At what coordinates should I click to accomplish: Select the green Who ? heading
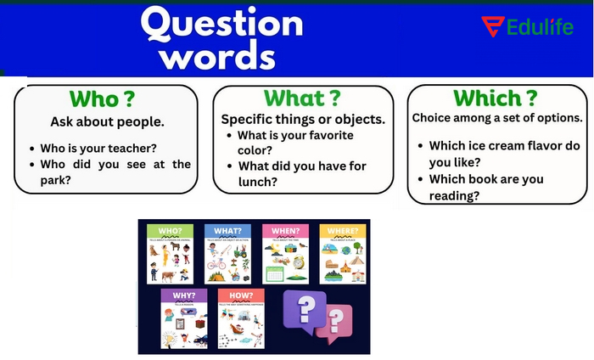101,98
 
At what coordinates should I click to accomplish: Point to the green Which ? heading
495,98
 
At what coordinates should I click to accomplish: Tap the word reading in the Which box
454,195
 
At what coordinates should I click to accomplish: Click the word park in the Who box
56,179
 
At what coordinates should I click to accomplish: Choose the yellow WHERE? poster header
342,230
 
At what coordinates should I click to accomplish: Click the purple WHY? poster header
183,295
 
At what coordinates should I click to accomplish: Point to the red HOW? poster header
240,295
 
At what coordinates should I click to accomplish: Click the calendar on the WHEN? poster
275,273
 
